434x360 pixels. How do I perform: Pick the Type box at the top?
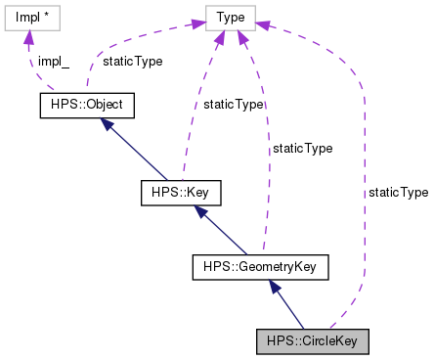click(231, 18)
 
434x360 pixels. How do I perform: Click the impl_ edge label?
click(54, 61)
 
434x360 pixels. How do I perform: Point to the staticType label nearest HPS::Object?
click(133, 61)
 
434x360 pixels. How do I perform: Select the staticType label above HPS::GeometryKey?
click(302, 149)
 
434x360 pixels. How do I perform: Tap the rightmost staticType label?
click(398, 193)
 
